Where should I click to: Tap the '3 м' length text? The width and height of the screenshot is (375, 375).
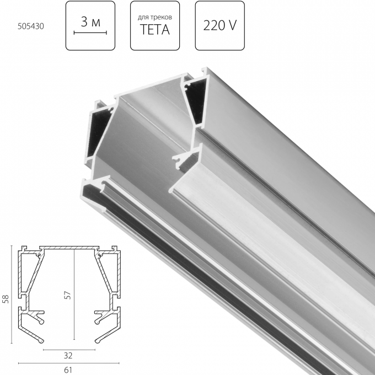tap(89, 22)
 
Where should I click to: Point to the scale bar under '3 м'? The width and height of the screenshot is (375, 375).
tap(89, 33)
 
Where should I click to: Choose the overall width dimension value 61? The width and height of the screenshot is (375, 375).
tap(67, 369)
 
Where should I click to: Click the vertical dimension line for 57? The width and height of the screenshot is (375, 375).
tap(73, 295)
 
